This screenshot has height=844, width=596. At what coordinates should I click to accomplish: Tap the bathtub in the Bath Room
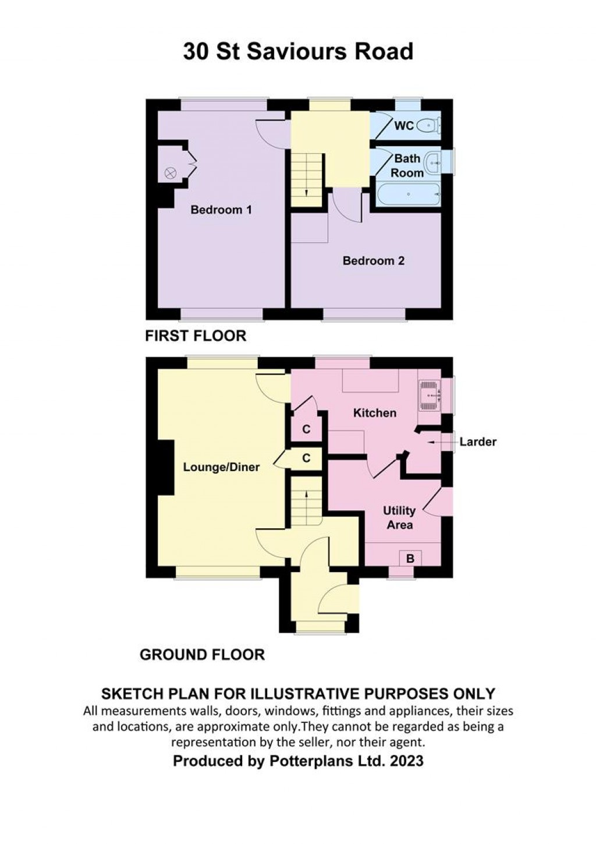click(408, 194)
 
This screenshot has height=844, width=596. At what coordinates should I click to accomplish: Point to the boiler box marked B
click(410, 558)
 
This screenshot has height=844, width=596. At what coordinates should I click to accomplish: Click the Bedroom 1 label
click(221, 210)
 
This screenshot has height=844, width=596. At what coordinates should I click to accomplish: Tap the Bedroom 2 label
click(373, 260)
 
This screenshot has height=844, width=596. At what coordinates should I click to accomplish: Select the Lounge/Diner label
click(221, 467)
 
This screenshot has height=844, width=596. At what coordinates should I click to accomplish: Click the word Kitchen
click(375, 413)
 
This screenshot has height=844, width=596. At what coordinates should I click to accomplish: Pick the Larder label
click(478, 442)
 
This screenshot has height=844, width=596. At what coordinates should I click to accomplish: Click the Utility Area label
click(399, 517)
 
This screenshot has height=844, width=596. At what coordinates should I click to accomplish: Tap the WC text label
click(404, 125)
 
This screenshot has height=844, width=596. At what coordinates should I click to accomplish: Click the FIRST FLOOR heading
click(196, 336)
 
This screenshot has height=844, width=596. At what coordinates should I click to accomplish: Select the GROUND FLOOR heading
click(202, 655)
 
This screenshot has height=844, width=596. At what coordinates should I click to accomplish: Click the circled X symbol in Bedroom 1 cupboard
click(170, 172)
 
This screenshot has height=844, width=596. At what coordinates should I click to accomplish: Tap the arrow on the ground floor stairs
click(306, 496)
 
